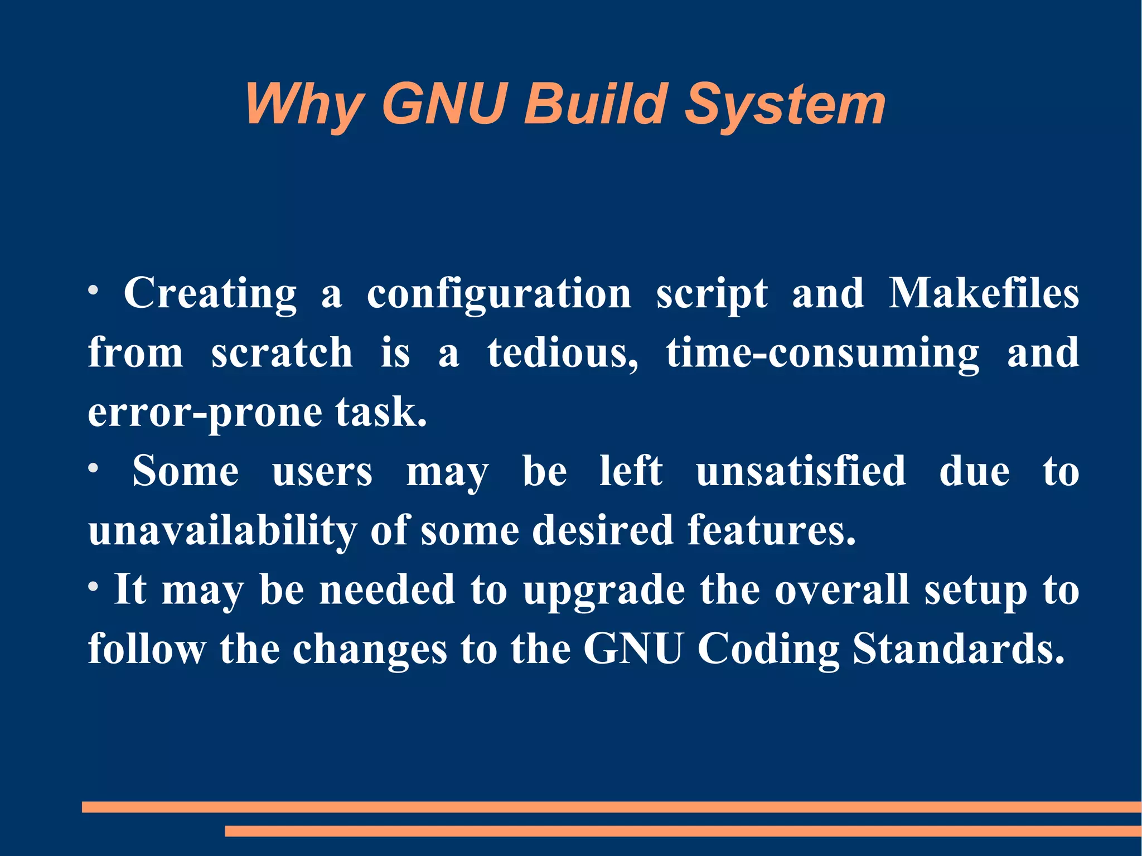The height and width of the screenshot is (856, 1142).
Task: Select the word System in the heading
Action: coord(785,105)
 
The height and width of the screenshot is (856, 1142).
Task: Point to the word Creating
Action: coord(210,294)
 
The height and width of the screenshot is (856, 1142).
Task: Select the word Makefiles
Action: coord(984,294)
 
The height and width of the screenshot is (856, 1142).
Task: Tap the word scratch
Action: coord(282,353)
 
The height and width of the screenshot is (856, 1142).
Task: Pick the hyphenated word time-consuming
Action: coord(822,354)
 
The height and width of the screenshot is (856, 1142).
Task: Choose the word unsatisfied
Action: coord(801,471)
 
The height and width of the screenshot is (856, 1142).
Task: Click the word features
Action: coord(771,530)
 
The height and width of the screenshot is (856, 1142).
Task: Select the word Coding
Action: coord(768,650)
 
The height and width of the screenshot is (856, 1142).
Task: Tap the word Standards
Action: coord(959,649)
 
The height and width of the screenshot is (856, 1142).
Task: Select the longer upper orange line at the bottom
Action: coord(611,807)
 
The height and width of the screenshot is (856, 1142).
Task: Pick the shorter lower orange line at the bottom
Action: coord(683,831)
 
